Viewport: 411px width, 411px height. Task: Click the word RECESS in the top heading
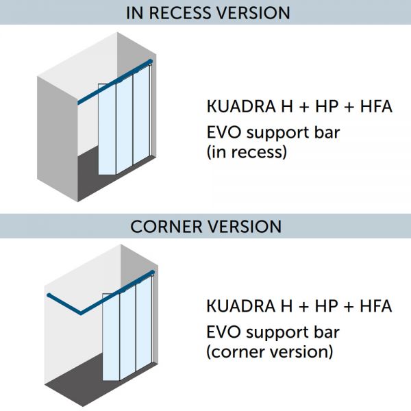tap(184, 13)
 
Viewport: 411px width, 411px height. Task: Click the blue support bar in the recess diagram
tap(96, 95)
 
